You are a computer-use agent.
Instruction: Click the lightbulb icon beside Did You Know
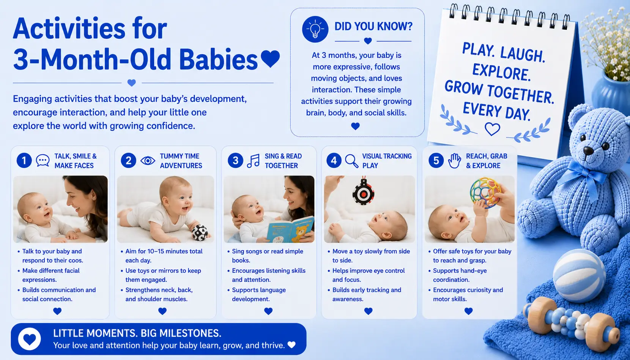pyautogui.click(x=315, y=29)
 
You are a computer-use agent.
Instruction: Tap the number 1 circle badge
pyautogui.click(x=24, y=160)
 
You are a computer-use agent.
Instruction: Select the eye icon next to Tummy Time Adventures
pyautogui.click(x=148, y=161)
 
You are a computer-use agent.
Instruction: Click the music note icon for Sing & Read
pyautogui.click(x=253, y=161)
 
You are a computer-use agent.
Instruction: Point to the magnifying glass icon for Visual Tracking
pyautogui.click(x=351, y=161)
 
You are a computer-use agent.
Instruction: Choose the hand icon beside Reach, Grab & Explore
pyautogui.click(x=454, y=161)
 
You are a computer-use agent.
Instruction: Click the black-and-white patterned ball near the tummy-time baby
pyautogui.click(x=200, y=233)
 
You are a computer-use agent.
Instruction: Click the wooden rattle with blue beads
pyautogui.click(x=571, y=324)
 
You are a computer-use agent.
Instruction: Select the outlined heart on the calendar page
pyautogui.click(x=492, y=129)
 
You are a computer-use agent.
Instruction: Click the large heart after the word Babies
pyautogui.click(x=270, y=58)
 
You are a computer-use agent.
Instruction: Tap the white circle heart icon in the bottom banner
pyautogui.click(x=29, y=339)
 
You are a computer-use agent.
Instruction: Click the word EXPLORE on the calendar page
pyautogui.click(x=501, y=72)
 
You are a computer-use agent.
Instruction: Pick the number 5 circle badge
pyautogui.click(x=436, y=160)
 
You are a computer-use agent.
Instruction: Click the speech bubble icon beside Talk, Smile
pyautogui.click(x=43, y=161)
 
